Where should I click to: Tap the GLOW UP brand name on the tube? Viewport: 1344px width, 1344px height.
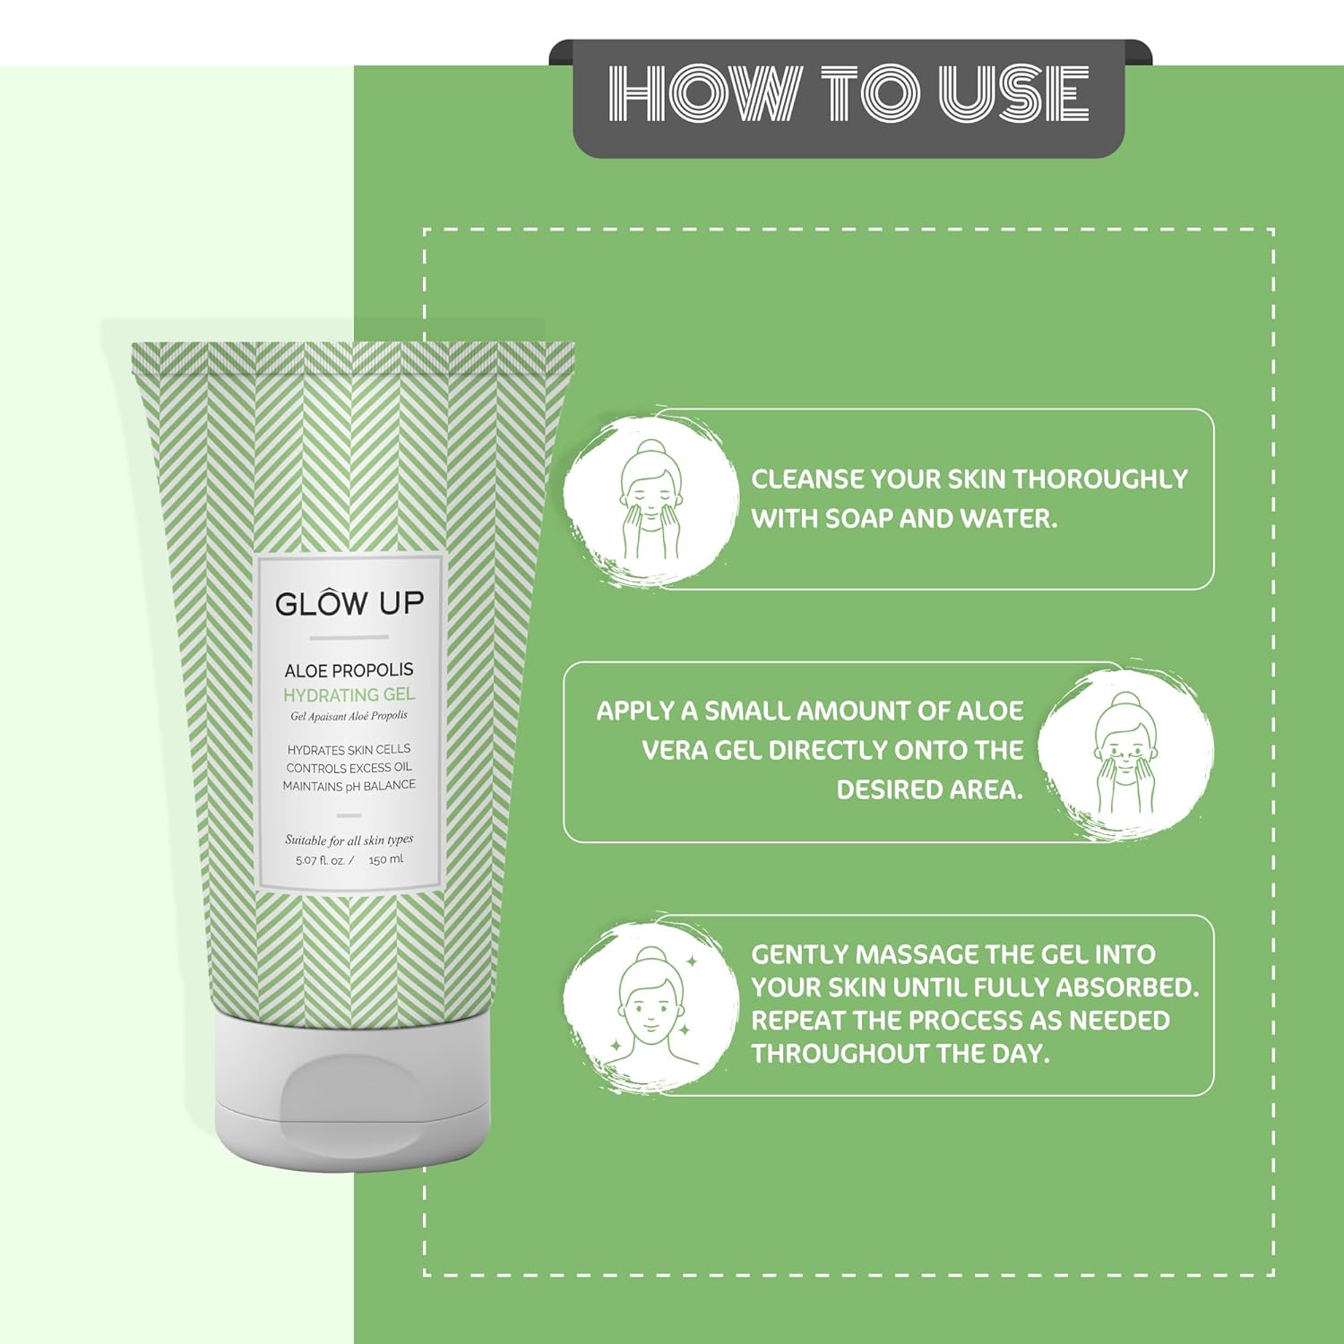tap(349, 604)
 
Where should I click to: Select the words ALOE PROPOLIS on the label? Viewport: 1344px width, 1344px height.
tap(349, 670)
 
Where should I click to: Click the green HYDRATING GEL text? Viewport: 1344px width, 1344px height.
tap(349, 694)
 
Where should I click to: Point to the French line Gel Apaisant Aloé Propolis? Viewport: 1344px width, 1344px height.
tap(349, 716)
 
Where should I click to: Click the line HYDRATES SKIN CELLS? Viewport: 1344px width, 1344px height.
tap(349, 749)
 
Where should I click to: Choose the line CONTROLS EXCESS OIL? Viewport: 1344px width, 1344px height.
tap(349, 768)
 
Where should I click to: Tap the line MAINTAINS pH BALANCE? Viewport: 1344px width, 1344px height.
tap(349, 786)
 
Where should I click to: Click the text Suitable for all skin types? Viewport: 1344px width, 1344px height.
tap(349, 840)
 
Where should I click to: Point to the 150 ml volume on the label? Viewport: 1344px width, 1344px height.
tap(385, 860)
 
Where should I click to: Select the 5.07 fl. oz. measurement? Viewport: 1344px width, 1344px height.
tap(321, 860)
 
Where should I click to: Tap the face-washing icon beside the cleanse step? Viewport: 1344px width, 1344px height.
tap(650, 502)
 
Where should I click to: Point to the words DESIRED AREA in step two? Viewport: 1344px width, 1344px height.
tap(928, 789)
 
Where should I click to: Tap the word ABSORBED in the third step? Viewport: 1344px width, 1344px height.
tap(1126, 987)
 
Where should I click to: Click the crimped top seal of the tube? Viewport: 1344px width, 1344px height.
tap(352, 358)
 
